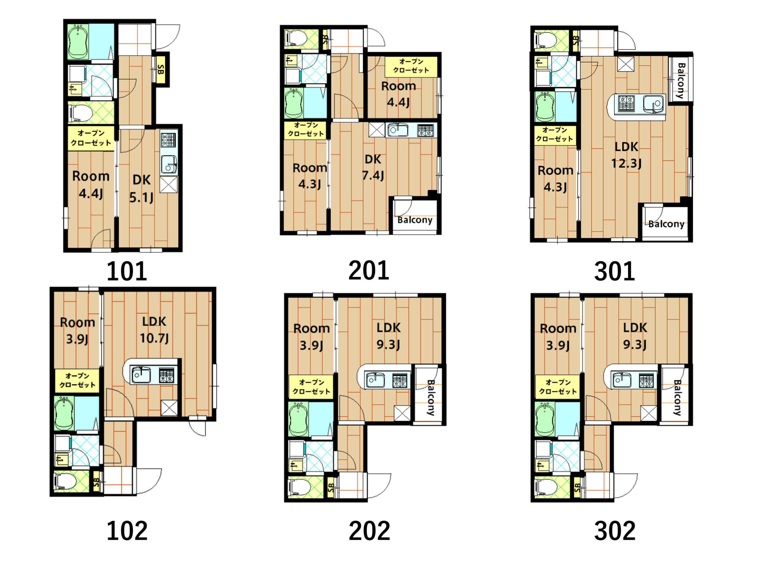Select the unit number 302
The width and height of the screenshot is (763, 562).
(x=615, y=531)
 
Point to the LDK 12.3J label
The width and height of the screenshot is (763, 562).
(x=626, y=155)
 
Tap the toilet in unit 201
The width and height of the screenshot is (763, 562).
(x=297, y=39)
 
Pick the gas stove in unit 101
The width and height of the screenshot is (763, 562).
(x=168, y=140)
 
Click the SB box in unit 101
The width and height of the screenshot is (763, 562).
(x=160, y=70)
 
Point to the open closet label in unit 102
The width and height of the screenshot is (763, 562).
(x=77, y=380)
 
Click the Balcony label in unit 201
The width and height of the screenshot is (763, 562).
(x=415, y=220)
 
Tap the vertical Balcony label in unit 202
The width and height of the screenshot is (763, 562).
(x=431, y=398)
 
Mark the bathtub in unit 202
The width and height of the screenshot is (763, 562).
(x=298, y=419)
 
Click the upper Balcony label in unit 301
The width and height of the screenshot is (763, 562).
(x=681, y=81)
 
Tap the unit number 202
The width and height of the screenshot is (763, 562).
(x=369, y=531)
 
